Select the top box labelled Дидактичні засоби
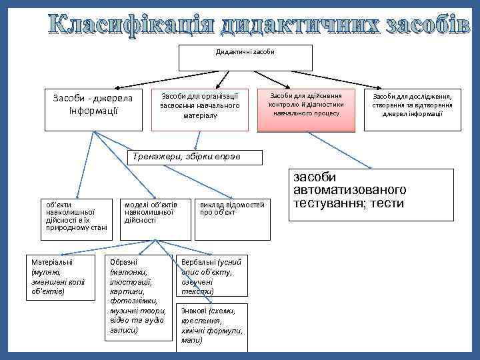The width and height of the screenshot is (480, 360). click(245, 58)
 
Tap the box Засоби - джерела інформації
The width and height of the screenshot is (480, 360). click(93, 109)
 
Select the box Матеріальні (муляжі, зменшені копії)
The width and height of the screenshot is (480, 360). click(59, 277)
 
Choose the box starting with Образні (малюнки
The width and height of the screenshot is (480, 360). click(135, 297)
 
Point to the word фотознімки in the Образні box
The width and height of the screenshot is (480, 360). click(130, 301)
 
